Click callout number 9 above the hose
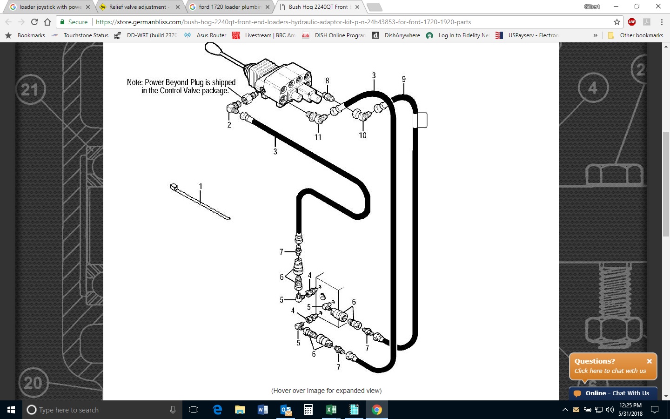pos(404,79)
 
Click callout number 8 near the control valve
pos(327,81)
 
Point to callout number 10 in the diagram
pos(362,135)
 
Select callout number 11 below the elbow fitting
pos(318,137)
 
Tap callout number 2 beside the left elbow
pos(229,125)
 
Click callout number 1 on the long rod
pos(201,186)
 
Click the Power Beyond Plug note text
pos(181,87)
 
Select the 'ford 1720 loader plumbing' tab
pos(229,7)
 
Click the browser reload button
pos(34,22)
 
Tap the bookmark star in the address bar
pos(617,22)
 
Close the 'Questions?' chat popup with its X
pos(650,361)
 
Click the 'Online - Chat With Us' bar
pos(613,393)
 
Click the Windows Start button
pos(11,410)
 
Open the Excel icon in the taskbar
pos(331,410)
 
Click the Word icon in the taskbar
pos(262,410)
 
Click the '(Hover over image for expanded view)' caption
pos(326,391)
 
